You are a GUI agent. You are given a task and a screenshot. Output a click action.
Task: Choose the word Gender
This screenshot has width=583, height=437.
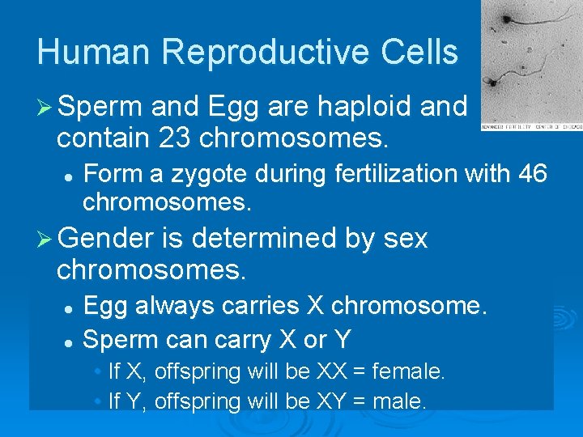pyautogui.click(x=104, y=239)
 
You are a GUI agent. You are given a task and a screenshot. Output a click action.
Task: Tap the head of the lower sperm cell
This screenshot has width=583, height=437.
pyautogui.click(x=491, y=83)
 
